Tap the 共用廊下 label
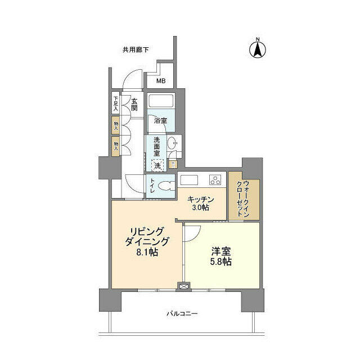pyautogui.click(x=136, y=49)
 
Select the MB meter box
pyautogui.click(x=161, y=81)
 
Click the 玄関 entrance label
pyautogui.click(x=135, y=104)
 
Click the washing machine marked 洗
pyautogui.click(x=157, y=165)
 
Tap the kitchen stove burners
pyautogui.click(x=215, y=180)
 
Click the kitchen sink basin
pyautogui.click(x=188, y=180)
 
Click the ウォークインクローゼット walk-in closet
pyautogui.click(x=244, y=196)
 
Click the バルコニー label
pyautogui.click(x=182, y=313)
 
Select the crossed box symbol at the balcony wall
pyautogui.click(x=183, y=286)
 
